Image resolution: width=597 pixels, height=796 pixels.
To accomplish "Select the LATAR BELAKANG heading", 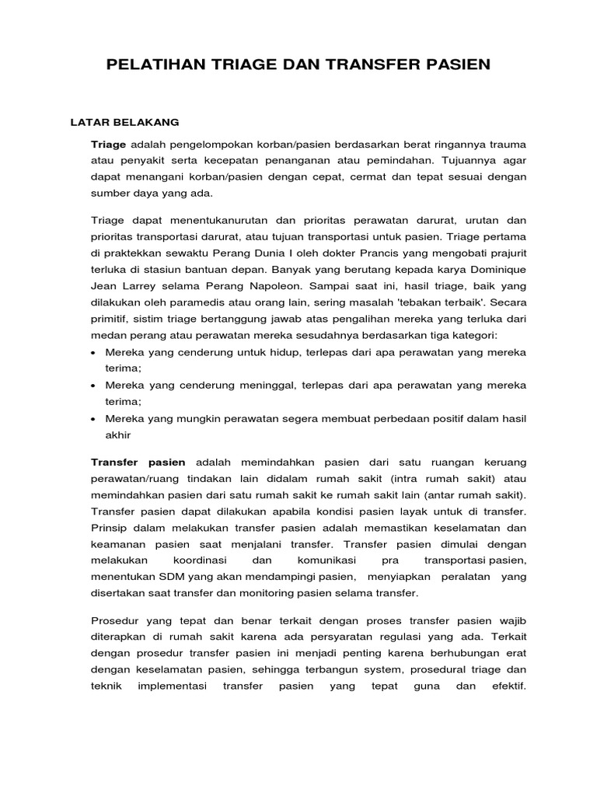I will tap(125, 122).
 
